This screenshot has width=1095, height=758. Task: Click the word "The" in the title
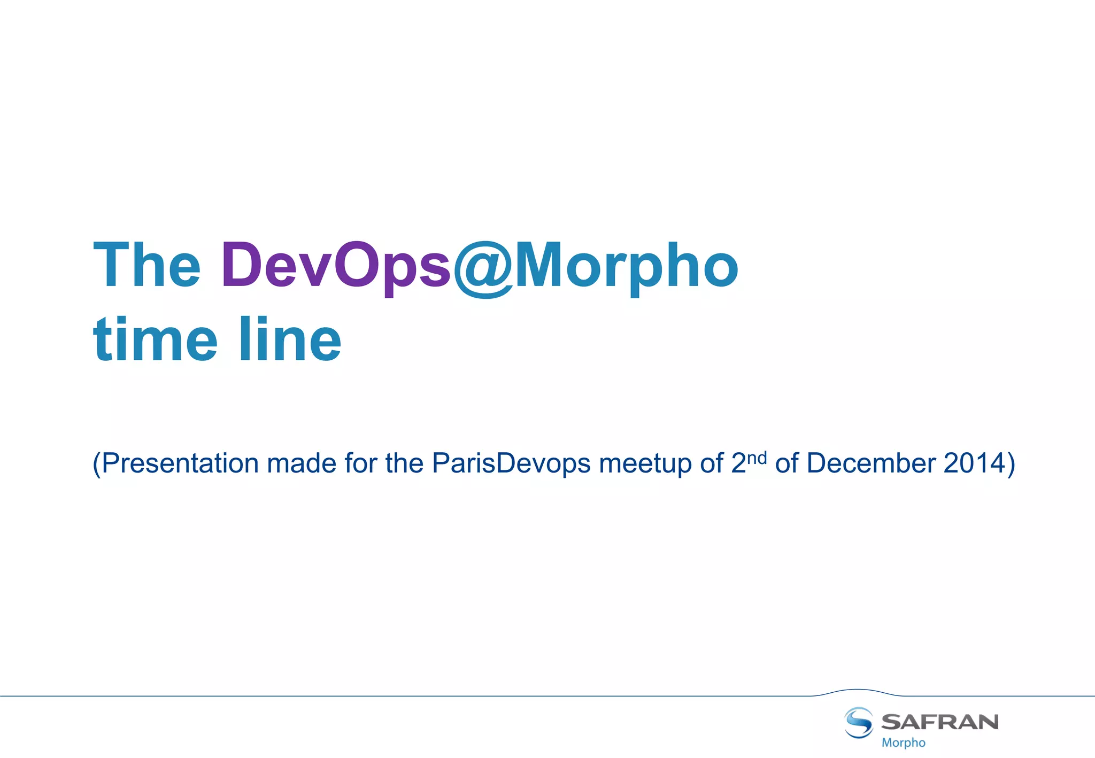coord(147,266)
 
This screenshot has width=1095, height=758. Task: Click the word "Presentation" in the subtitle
coord(180,463)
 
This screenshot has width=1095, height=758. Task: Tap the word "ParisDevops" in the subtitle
coord(511,463)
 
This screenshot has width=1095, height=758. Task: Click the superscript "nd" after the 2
coord(757,458)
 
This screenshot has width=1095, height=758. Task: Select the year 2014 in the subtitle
coord(974,463)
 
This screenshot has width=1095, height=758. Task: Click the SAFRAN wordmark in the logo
coord(939,722)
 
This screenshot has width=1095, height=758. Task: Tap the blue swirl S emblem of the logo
coord(859,722)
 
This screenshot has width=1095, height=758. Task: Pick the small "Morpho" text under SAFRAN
coord(903,742)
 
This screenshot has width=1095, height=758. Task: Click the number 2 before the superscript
coord(738,463)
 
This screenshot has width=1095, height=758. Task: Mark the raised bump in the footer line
coord(857,691)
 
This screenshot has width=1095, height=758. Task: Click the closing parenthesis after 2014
coord(1011,463)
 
